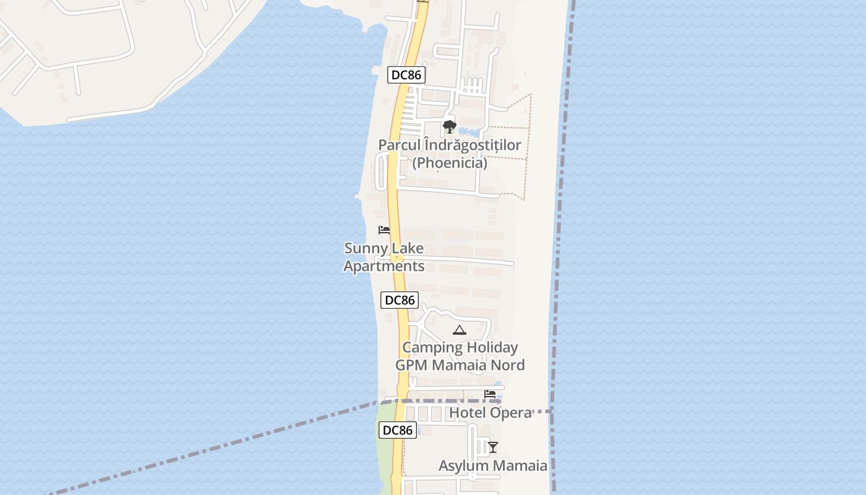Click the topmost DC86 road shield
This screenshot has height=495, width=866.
(406, 75)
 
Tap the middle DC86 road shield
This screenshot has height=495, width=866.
(399, 300)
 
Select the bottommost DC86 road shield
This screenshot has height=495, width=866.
(397, 430)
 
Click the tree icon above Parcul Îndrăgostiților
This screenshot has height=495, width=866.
(450, 127)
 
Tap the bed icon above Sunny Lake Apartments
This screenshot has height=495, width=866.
(384, 230)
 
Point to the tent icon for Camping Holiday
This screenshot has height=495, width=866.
(459, 330)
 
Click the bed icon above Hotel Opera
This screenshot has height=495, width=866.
(491, 394)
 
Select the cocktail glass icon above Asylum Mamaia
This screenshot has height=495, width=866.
(493, 447)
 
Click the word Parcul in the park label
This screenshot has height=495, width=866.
(400, 145)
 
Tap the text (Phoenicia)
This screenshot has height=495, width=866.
(450, 163)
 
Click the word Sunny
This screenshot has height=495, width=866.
(365, 249)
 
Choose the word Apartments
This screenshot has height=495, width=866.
(384, 267)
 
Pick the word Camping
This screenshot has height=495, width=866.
(432, 347)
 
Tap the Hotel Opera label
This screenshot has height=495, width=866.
(491, 413)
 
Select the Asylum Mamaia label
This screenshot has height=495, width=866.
(493, 466)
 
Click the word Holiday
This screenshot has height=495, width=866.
(489, 347)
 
